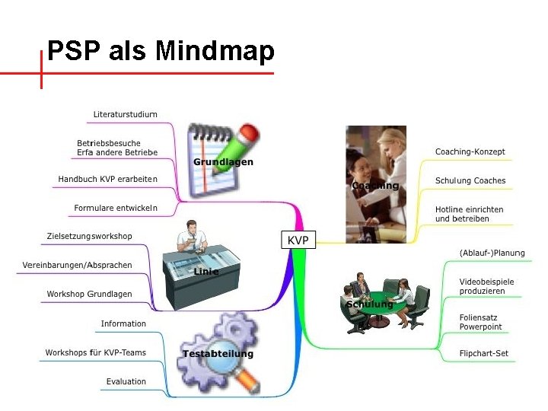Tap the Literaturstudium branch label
[126, 114]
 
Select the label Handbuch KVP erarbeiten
[107, 179]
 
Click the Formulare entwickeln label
[116, 208]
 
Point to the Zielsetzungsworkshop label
[89, 236]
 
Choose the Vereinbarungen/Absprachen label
[77, 265]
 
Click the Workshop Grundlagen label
[89, 294]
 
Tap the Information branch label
[123, 323]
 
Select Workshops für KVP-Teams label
[95, 352]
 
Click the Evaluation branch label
[126, 381]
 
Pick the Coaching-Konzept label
[470, 151]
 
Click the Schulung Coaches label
[470, 180]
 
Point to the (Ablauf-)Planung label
[492, 253]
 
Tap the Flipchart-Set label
[483, 353]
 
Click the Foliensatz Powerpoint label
[480, 322]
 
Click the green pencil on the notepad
[235, 148]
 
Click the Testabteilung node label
[218, 353]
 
